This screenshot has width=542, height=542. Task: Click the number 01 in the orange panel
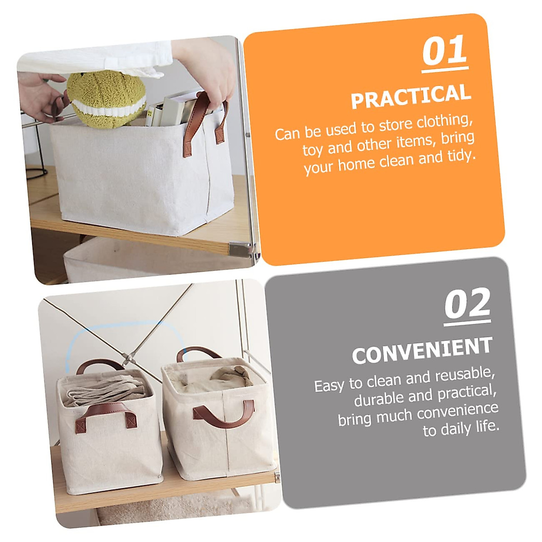pyautogui.click(x=444, y=51)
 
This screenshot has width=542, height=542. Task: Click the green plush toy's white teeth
pyautogui.click(x=108, y=107)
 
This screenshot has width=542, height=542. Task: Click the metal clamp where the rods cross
pyautogui.click(x=128, y=359)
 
